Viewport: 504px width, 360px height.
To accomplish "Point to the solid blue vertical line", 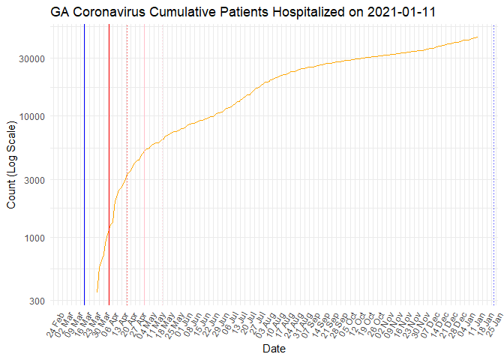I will pyautogui.click(x=84, y=165).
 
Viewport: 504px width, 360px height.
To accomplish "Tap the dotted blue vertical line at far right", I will pyautogui.click(x=493, y=165).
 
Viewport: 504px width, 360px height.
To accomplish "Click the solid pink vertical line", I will pyautogui.click(x=145, y=165).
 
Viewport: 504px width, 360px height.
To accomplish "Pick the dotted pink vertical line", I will pyautogui.click(x=163, y=165).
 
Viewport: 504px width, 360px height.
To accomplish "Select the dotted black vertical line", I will pyautogui.click(x=127, y=165).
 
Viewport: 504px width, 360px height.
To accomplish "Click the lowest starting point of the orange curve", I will pyautogui.click(x=97, y=291).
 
